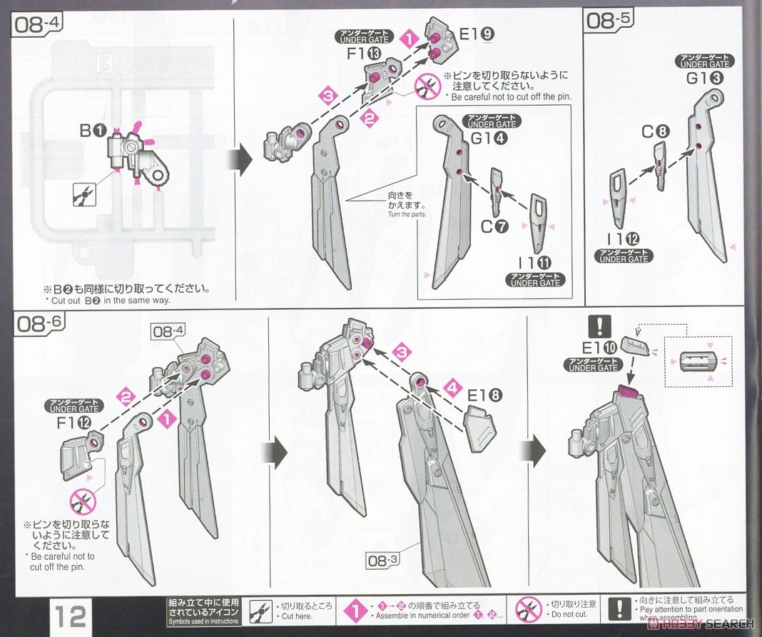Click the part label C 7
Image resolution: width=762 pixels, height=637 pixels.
coord(493,227)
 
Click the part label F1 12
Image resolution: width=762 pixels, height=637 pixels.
coord(73,423)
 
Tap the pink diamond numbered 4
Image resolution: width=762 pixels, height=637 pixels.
coord(451,388)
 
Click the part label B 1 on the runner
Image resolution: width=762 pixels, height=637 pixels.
coord(93,131)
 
